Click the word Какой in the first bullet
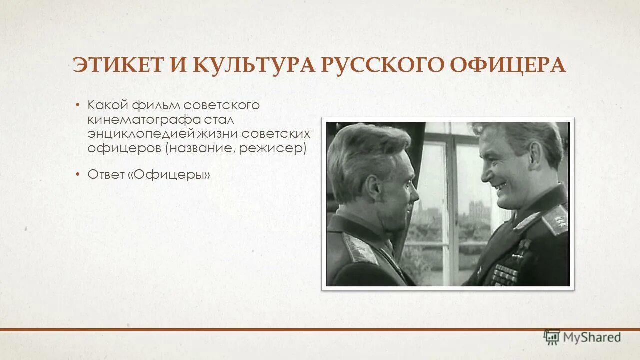point(108,105)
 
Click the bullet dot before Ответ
point(78,174)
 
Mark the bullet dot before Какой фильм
point(78,105)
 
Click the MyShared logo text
point(592,337)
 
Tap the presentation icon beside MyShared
point(552,337)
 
